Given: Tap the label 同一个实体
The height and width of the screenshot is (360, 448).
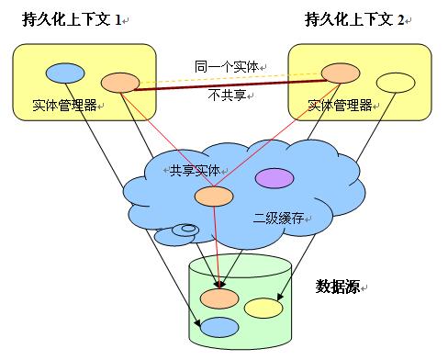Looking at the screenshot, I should [225, 66].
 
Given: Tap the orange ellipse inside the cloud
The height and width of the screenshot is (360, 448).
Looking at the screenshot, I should [214, 196].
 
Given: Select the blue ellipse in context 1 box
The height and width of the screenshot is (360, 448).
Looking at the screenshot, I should [66, 72].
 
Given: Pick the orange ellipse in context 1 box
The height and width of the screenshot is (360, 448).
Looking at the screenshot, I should [119, 83].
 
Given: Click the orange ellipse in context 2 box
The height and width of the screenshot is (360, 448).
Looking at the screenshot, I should [340, 72].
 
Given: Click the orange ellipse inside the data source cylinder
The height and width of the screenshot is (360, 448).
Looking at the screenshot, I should [220, 298].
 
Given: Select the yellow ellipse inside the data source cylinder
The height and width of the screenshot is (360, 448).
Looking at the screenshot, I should [263, 309].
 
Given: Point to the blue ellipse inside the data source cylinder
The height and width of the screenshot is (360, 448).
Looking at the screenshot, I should [219, 326].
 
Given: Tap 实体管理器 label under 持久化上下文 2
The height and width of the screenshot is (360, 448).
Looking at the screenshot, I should [339, 105].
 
